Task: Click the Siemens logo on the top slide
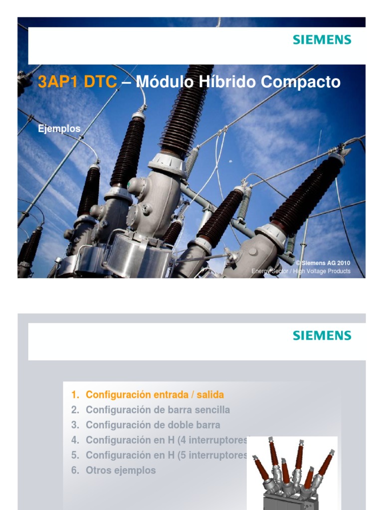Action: click(322, 40)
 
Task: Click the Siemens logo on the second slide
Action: click(322, 335)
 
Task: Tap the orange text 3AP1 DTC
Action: click(77, 82)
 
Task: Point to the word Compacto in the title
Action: click(300, 82)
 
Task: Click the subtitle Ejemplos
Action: click(59, 128)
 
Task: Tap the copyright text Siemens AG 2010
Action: click(323, 263)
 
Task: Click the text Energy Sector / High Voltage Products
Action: click(301, 271)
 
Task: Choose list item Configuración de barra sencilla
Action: click(158, 410)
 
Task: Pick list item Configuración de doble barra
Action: click(153, 425)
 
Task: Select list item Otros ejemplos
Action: click(121, 470)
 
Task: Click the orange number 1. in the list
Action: click(75, 395)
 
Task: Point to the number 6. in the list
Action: click(75, 470)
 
